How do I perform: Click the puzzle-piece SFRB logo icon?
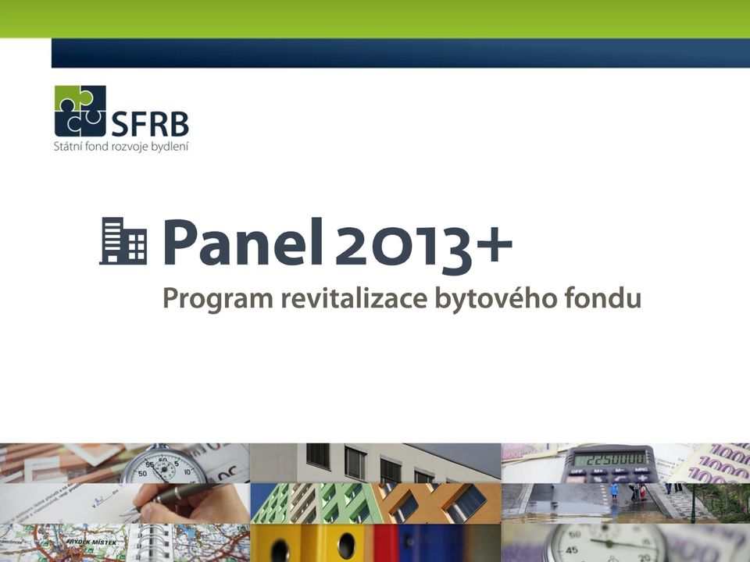[80, 111]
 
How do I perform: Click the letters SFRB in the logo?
[150, 125]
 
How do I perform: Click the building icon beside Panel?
[123, 241]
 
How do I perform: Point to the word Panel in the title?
[243, 242]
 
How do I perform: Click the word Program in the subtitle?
[218, 300]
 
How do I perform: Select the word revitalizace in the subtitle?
[354, 297]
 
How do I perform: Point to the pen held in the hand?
[174, 498]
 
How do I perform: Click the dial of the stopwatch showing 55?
[162, 469]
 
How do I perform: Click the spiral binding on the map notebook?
[147, 542]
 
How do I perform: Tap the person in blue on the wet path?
[614, 492]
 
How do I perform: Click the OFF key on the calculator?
[577, 472]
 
